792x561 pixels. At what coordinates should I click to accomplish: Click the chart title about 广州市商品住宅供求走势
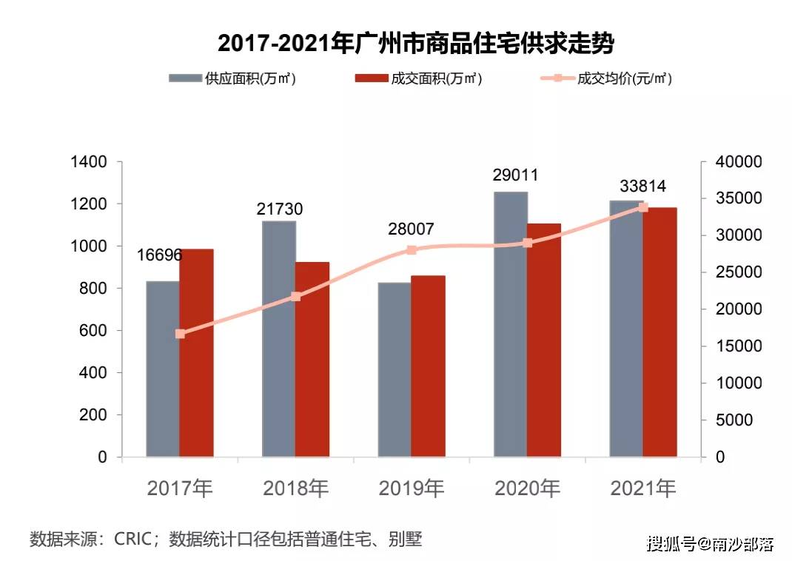(x=416, y=44)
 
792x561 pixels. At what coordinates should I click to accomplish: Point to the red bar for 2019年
(x=428, y=366)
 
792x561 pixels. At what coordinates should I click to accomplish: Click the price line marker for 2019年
(x=412, y=250)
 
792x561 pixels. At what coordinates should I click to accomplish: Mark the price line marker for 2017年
(x=180, y=334)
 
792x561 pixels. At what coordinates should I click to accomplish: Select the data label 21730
(x=280, y=209)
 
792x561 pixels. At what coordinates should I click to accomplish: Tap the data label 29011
(x=515, y=175)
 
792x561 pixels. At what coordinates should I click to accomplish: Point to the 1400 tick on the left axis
(x=88, y=162)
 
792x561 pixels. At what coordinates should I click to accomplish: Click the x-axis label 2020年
(x=527, y=488)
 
